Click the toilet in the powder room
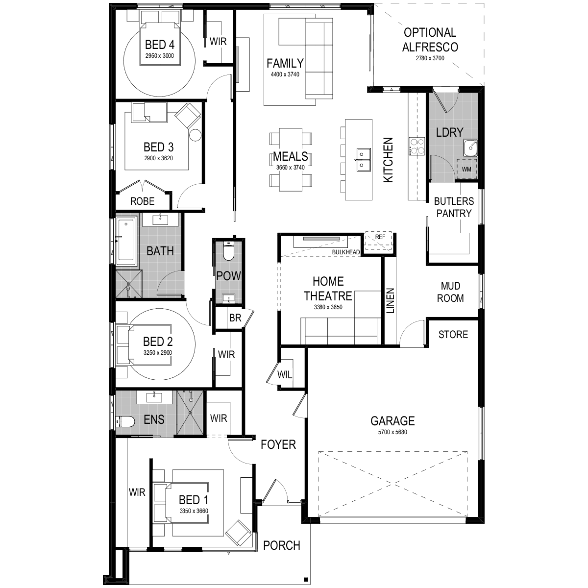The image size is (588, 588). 228,251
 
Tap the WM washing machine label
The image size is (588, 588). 466,169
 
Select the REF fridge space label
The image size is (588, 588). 380,237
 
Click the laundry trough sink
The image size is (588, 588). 470,148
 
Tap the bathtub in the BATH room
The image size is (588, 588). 126,241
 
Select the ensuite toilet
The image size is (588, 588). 126,421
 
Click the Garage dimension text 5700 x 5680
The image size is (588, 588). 392,432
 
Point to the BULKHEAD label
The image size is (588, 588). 346,252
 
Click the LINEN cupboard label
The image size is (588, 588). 391,301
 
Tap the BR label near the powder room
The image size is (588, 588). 235,318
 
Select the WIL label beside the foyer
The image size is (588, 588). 284,374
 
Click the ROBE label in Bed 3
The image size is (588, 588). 142,201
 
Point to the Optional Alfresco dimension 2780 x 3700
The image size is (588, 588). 430,58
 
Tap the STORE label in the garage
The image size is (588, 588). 453,335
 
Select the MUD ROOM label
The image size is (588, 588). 450,292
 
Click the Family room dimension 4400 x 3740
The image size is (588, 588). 285,74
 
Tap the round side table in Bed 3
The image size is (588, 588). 196,135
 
